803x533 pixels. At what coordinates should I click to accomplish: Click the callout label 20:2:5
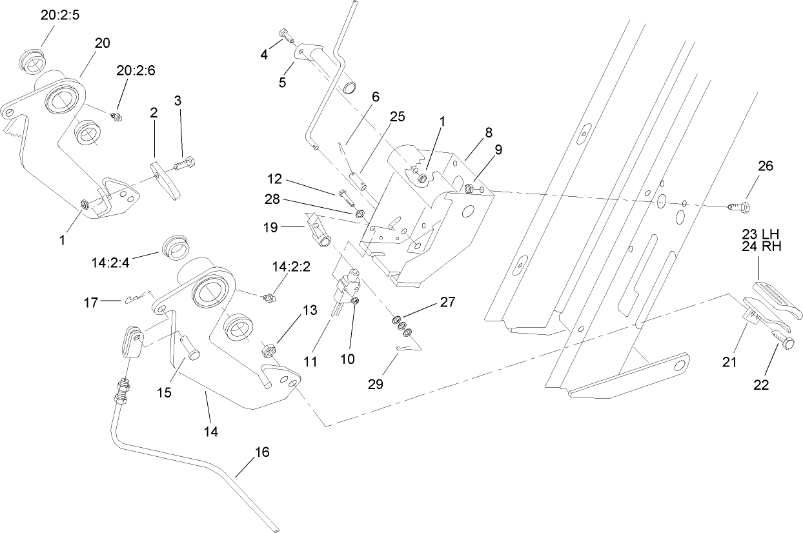pos(59,16)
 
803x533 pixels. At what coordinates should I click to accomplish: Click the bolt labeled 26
pos(738,206)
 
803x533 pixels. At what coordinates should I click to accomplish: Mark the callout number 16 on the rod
pos(261,452)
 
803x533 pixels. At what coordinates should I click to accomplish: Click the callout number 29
pos(375,384)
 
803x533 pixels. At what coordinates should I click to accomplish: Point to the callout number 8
pos(488,133)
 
